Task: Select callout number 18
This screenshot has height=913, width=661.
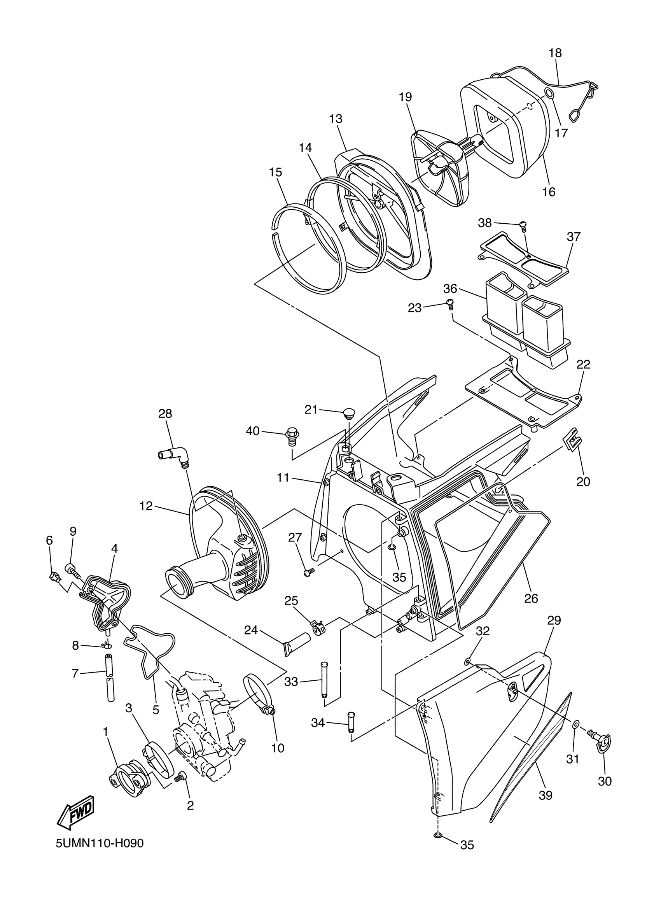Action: [555, 53]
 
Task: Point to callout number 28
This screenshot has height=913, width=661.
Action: [165, 414]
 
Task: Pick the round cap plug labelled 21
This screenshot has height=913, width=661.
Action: [348, 413]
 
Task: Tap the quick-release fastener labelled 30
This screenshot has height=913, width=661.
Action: [601, 738]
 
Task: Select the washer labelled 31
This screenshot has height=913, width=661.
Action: [576, 725]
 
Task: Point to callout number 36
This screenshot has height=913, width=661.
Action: [450, 289]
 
